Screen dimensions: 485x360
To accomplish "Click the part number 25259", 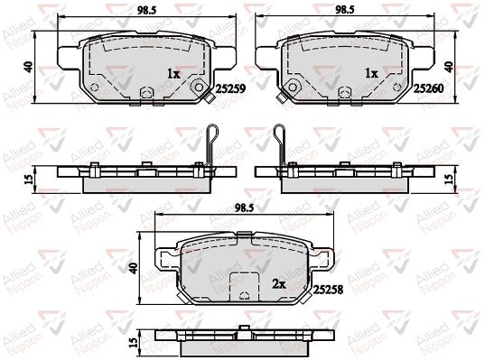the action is tap(230, 89).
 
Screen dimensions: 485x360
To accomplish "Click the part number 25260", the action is tap(429, 89).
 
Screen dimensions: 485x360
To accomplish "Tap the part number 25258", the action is tap(328, 290).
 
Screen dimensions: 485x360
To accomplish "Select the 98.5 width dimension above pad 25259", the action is tap(147, 10).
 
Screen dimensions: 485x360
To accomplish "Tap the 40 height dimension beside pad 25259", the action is tap(29, 67).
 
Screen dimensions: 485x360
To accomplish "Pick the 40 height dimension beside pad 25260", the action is tap(449, 67).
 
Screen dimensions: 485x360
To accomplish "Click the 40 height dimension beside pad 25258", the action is tap(134, 268).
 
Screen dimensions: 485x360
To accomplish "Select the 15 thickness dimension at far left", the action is tap(29, 180).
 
